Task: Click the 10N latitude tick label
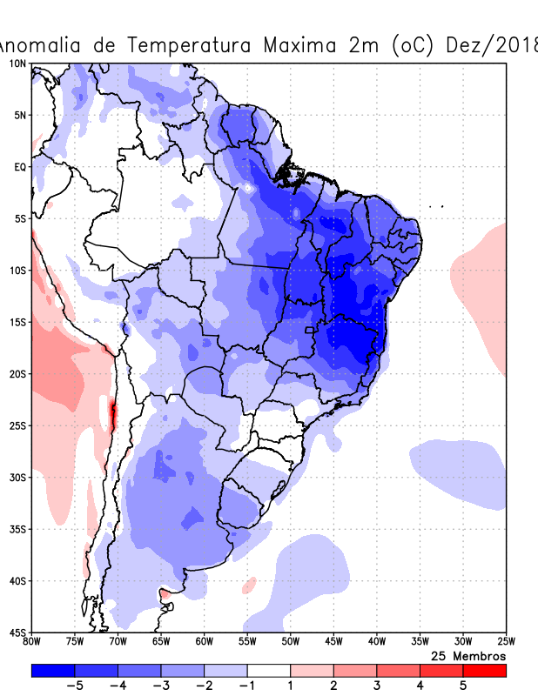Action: click(17, 64)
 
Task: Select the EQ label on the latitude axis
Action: click(20, 166)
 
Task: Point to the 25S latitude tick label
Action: click(17, 425)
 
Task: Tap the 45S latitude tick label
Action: click(17, 632)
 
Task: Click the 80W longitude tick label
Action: click(32, 642)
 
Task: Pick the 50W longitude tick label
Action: click(290, 642)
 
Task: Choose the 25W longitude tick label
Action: click(505, 642)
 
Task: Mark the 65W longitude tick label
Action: click(161, 642)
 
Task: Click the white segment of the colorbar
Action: click(269, 671)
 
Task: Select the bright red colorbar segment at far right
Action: click(484, 671)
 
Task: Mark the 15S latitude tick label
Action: click(17, 322)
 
